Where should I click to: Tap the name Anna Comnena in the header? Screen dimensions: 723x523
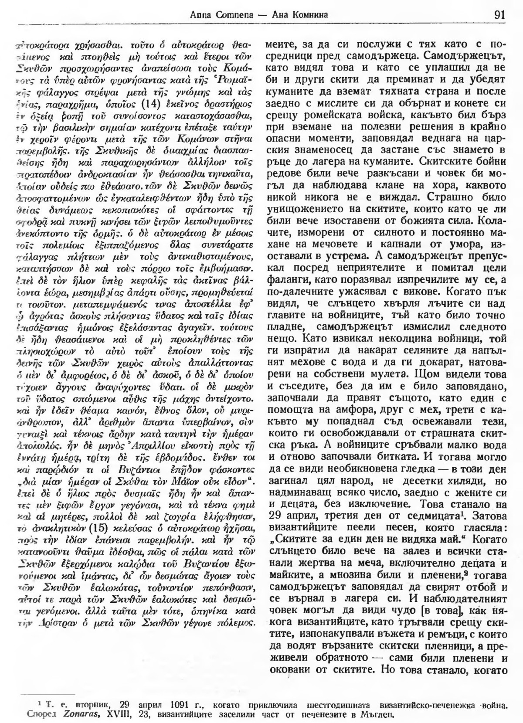[214, 15]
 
